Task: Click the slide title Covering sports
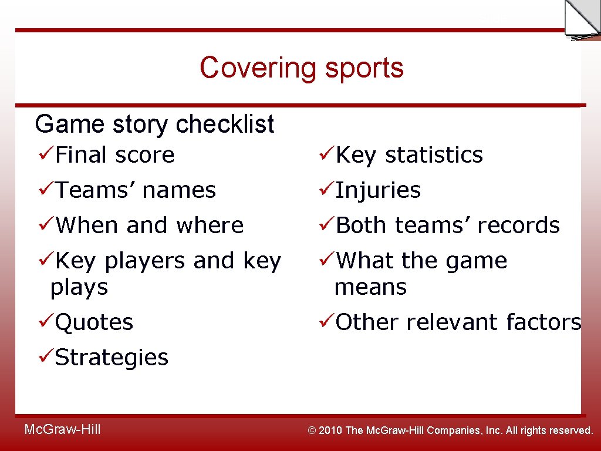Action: tap(302, 68)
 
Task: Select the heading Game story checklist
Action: tap(154, 124)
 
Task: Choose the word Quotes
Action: tap(94, 322)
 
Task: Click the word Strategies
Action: tap(112, 357)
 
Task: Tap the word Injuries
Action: tap(378, 190)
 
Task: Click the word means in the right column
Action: tap(370, 287)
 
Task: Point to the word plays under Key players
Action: tap(79, 287)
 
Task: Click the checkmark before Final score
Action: tap(44, 155)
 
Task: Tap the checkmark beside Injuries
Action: tap(325, 190)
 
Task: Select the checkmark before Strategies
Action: tap(44, 357)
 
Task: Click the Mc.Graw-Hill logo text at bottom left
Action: tap(62, 430)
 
